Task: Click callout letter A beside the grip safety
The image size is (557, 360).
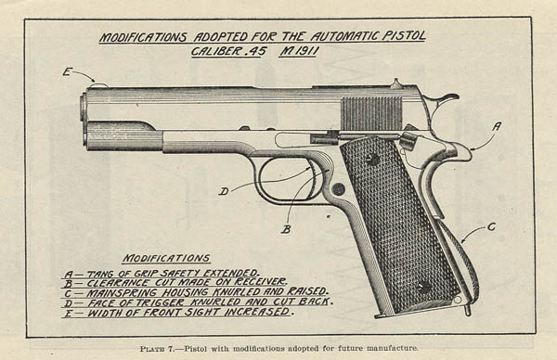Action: pos(497,127)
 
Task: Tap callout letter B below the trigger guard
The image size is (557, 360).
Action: pos(286,230)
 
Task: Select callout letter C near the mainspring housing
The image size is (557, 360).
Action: pos(491,226)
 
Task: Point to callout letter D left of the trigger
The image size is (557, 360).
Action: pos(224,192)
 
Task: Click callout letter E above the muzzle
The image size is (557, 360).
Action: pos(67,72)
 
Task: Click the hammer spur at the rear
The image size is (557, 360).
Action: pos(447,98)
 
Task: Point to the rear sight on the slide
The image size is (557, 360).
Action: pos(395,84)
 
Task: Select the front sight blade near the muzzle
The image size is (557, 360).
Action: pos(98,84)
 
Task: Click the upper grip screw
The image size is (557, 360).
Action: pos(372,159)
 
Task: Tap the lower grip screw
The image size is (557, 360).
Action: pos(424,285)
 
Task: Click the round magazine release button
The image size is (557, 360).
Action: pos(338,188)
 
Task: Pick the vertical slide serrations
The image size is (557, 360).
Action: pos(371,113)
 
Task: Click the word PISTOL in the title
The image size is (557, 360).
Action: pos(404,36)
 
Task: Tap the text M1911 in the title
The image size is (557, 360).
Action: pos(298,51)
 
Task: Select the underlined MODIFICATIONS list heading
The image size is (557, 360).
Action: pos(166,258)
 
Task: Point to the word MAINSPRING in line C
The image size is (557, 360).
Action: pos(122,293)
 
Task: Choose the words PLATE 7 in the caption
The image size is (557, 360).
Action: pos(157,349)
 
